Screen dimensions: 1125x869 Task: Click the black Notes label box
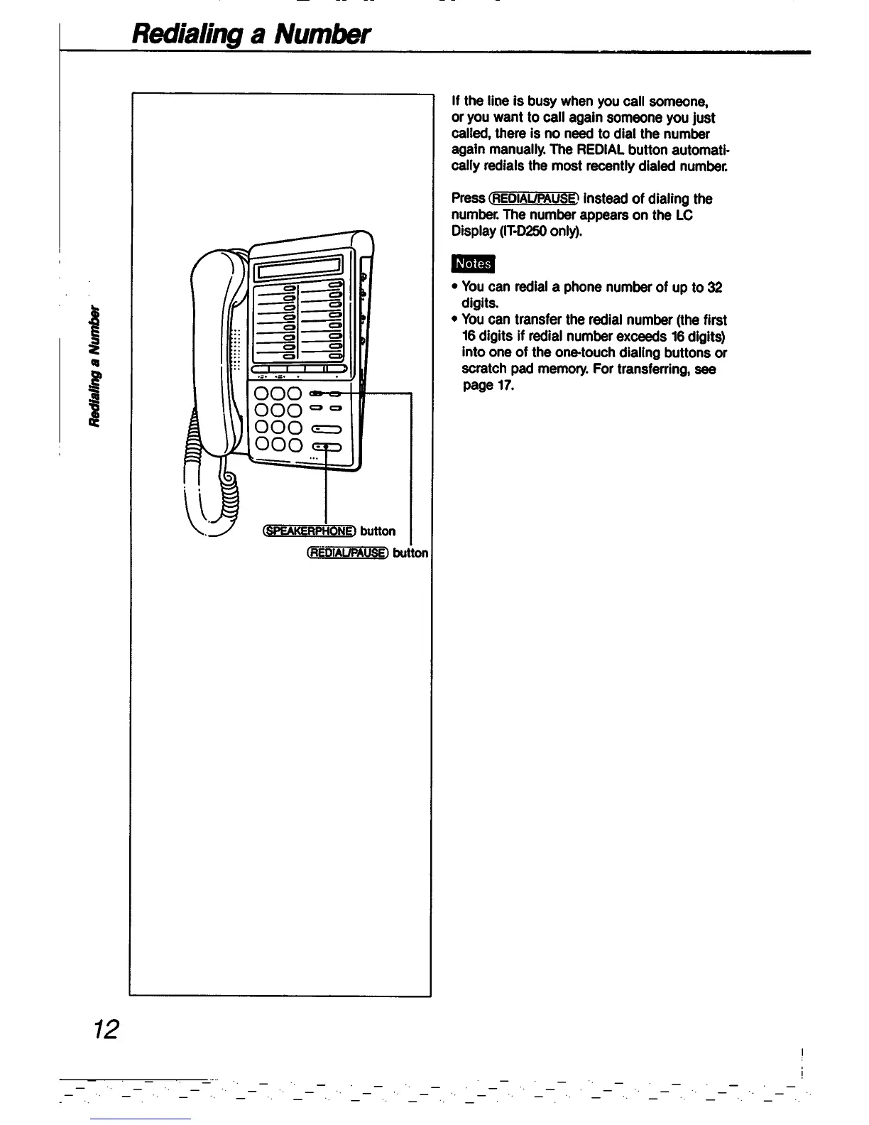coord(473,263)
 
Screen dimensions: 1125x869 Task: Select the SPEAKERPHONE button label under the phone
coord(308,531)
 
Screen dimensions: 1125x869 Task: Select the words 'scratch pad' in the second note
coord(498,369)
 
